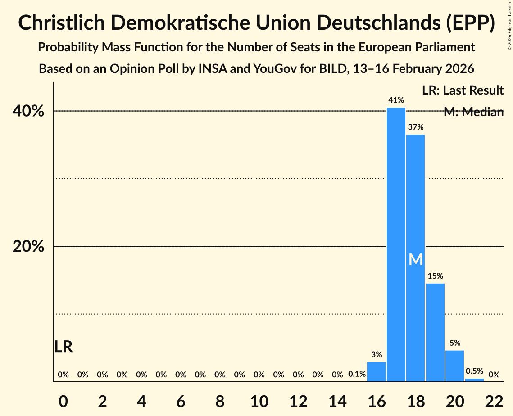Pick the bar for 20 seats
[454, 366]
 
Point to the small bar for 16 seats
[377, 372]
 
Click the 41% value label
[396, 100]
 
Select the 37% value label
[416, 127]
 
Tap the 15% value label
[435, 276]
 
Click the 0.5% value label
[474, 371]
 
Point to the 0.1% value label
[357, 374]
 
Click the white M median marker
[416, 260]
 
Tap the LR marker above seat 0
[64, 347]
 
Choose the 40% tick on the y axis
[31, 111]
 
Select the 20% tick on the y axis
[31, 247]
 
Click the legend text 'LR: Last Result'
[463, 90]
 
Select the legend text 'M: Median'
[473, 112]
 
